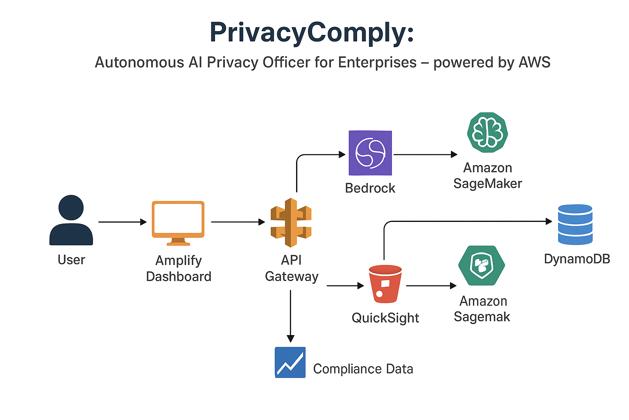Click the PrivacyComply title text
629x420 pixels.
312,32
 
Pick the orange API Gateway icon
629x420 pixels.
291,222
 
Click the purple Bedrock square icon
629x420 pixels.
370,153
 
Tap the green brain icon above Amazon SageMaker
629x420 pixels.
487,132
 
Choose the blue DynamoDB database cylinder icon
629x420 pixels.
575,224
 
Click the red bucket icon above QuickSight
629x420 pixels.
385,284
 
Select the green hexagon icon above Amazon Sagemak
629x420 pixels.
482,265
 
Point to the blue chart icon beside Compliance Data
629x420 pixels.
290,362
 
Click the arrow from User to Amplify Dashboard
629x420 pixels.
122,222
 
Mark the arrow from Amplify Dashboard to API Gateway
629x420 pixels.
238,222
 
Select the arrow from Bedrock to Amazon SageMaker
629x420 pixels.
425,155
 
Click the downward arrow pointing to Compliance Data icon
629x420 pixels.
290,316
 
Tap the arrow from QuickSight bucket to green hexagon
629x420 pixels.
431,285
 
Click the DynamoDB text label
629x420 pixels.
577,259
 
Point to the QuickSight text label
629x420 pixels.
385,318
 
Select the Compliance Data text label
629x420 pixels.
363,369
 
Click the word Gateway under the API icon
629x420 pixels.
292,276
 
